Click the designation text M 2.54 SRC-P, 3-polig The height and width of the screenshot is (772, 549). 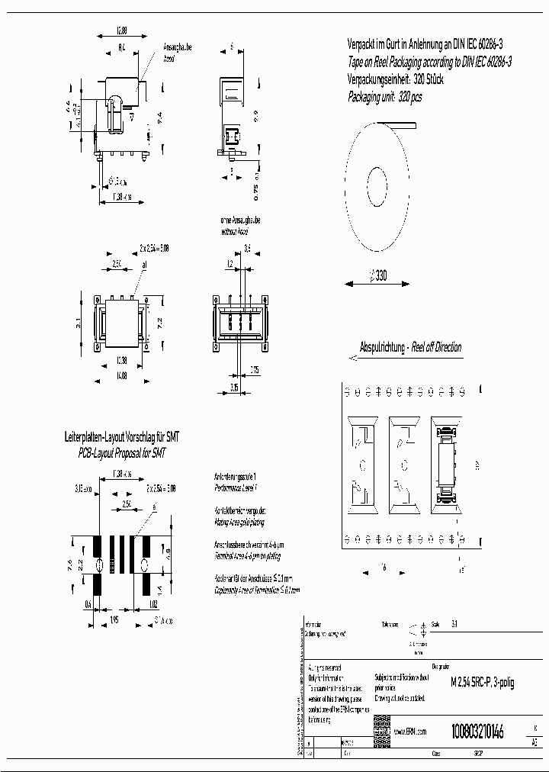tap(483, 682)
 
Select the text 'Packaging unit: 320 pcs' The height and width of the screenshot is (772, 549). tap(385, 97)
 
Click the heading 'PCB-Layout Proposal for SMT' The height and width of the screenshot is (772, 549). tap(122, 452)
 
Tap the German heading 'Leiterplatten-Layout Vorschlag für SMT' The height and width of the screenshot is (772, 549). tap(122, 438)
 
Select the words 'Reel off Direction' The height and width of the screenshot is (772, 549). tap(436, 347)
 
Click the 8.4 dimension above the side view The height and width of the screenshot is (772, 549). tap(121, 48)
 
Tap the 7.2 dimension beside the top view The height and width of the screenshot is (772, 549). tap(159, 323)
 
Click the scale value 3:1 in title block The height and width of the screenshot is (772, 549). tap(455, 623)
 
